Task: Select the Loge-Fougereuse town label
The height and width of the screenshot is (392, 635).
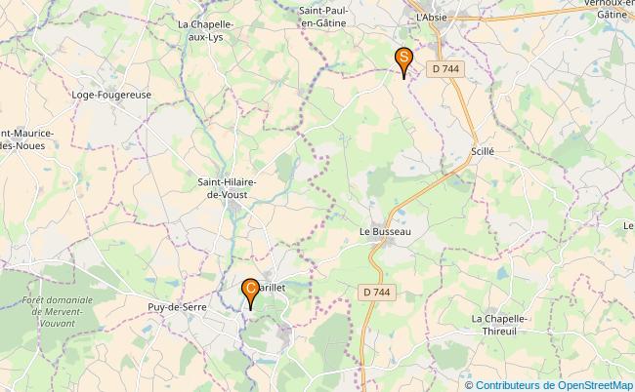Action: (x=111, y=95)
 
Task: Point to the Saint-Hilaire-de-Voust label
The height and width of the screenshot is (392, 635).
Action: (x=228, y=188)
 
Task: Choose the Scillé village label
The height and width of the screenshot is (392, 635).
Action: (x=483, y=151)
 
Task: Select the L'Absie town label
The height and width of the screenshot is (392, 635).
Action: (x=431, y=18)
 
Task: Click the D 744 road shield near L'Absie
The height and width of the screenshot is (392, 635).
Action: (x=449, y=68)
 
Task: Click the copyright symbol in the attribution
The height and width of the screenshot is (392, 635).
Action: (x=470, y=384)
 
